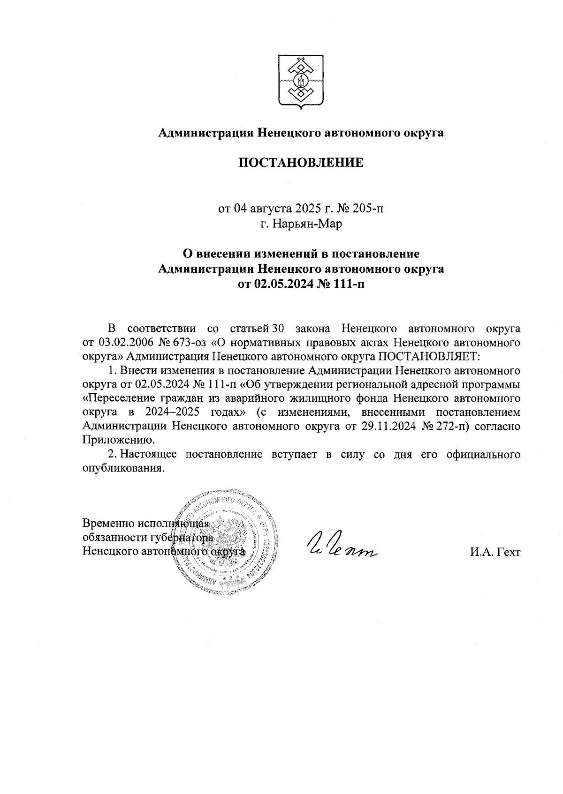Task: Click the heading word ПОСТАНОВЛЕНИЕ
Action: point(301,163)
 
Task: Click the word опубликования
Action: point(123,469)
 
